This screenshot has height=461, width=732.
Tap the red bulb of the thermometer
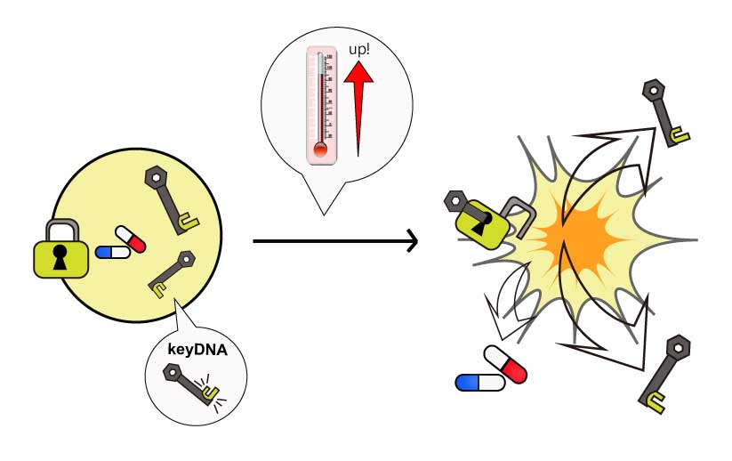click(320, 150)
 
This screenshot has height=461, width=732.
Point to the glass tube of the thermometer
click(320, 98)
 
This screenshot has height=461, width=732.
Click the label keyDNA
click(197, 351)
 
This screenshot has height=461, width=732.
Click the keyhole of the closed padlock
click(60, 258)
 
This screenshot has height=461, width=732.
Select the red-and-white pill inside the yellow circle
click(131, 239)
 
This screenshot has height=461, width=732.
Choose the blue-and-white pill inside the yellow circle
click(113, 253)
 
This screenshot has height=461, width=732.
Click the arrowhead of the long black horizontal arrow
click(411, 240)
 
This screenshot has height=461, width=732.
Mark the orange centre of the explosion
click(578, 233)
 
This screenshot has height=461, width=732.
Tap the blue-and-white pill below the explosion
click(479, 383)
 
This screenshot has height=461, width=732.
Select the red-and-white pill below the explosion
click(505, 364)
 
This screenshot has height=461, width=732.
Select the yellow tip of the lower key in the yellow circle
click(158, 289)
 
